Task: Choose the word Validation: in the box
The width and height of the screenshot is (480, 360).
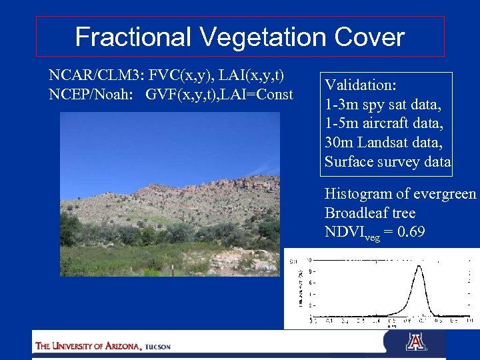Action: pos(361,85)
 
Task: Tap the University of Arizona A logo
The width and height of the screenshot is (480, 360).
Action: pos(415,342)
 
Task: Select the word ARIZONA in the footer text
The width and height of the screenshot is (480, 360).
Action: pos(119,346)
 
